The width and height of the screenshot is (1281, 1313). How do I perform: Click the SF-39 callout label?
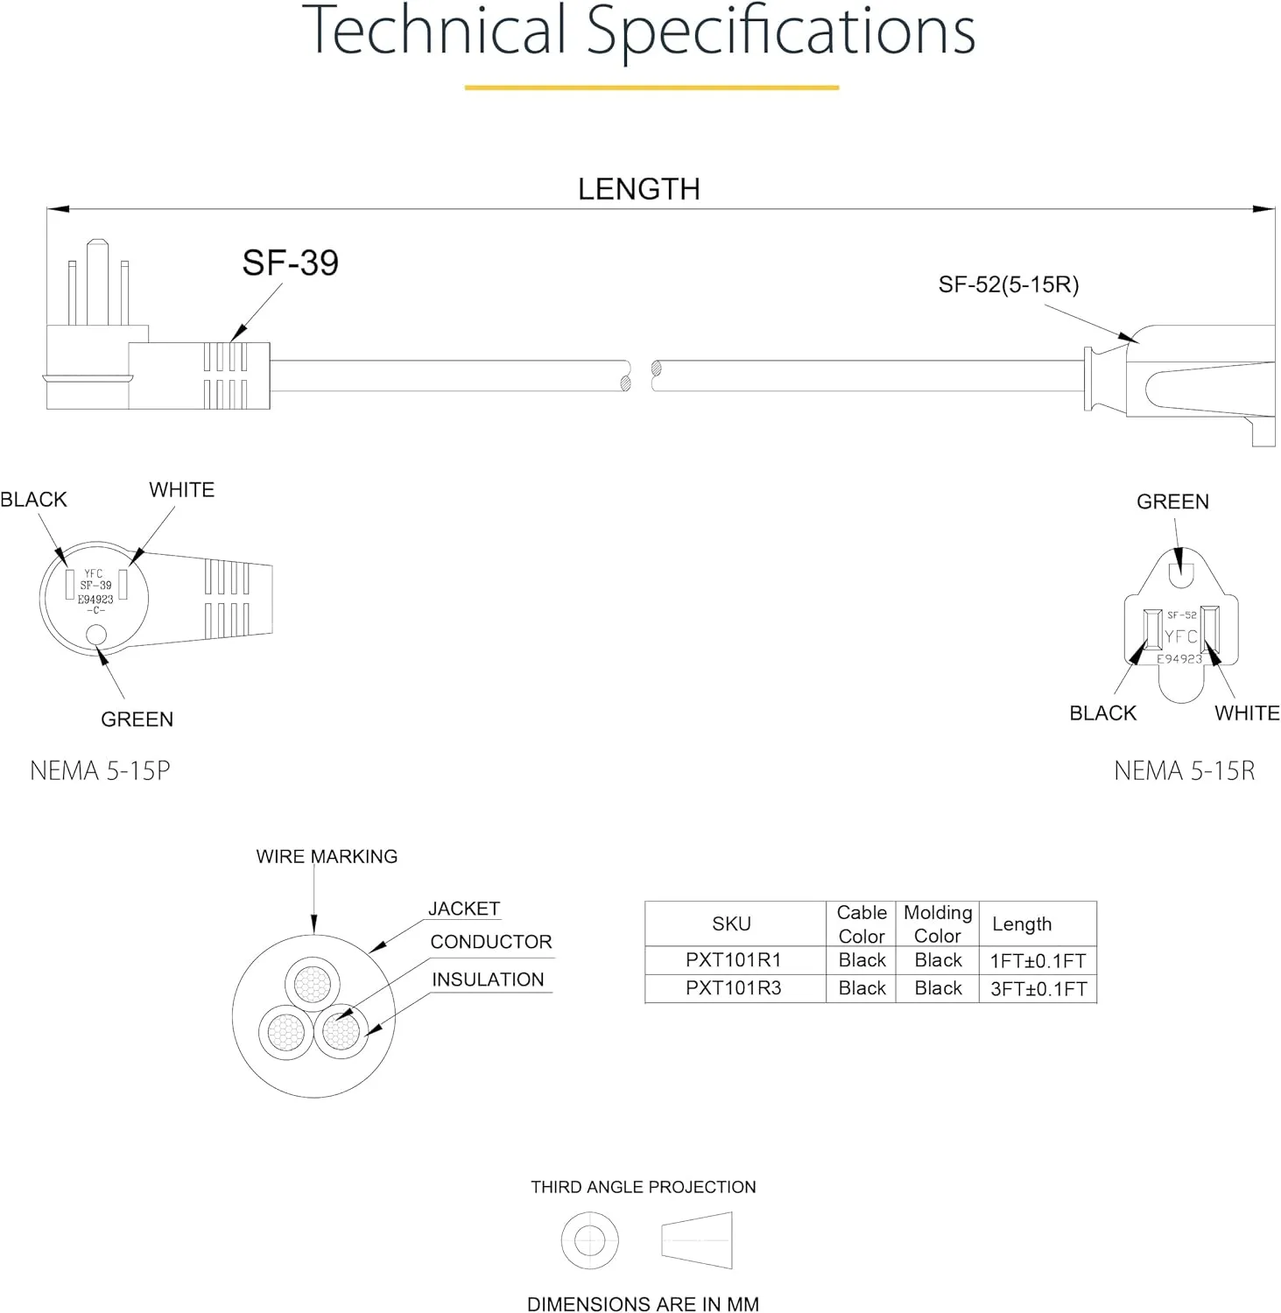(290, 263)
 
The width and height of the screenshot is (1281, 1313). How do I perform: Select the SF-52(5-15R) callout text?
(1009, 284)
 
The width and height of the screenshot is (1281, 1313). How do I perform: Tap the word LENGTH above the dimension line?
(639, 189)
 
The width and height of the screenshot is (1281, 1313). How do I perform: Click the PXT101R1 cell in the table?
(733, 960)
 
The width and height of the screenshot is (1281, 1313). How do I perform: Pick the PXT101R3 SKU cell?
(733, 988)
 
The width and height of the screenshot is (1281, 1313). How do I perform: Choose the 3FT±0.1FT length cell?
(1038, 989)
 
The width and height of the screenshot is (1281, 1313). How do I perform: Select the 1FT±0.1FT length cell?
(1038, 961)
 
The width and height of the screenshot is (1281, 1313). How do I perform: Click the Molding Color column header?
(938, 924)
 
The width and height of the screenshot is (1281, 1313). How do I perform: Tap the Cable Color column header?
(862, 924)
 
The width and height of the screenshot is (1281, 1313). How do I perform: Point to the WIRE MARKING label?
(327, 857)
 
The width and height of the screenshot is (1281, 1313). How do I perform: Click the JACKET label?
(464, 909)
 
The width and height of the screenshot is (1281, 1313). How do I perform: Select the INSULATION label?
(488, 979)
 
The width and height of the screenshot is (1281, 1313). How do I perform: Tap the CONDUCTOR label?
(491, 942)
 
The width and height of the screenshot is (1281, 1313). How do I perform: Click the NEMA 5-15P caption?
(100, 770)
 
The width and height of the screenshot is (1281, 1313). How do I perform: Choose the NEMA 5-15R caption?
(1185, 770)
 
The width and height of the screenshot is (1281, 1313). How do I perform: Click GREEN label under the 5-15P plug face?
(137, 720)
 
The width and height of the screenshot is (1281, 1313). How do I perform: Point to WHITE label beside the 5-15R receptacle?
(1247, 713)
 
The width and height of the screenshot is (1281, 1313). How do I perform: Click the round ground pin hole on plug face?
(97, 635)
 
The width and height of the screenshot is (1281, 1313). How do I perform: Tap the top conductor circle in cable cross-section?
(313, 984)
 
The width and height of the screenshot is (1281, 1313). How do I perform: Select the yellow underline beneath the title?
(651, 88)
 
